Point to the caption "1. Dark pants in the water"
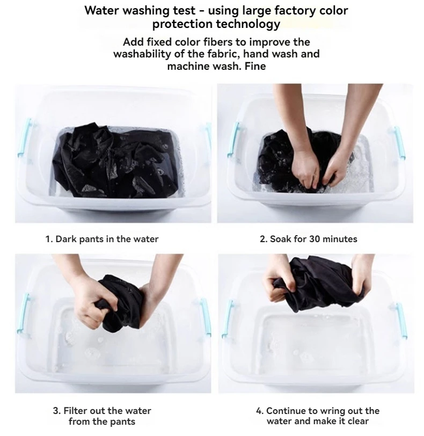click(x=102, y=239)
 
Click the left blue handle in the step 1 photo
click(x=25, y=137)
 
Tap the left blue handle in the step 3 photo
click(x=24, y=313)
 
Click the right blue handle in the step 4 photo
click(x=401, y=320)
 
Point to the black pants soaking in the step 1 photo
click(x=115, y=161)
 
